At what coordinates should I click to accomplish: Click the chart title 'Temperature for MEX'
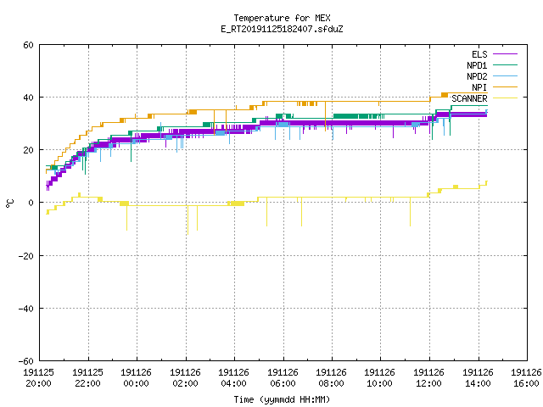tap(282, 18)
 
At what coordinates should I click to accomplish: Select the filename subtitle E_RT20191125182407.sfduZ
tap(282, 29)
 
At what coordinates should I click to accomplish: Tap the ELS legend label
tap(479, 54)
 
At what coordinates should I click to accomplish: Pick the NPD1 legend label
tap(477, 65)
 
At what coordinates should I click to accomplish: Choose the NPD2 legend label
tap(477, 76)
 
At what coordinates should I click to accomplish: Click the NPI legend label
tap(479, 87)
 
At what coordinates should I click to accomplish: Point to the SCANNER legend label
tap(469, 98)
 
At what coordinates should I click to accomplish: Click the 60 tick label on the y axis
tap(28, 45)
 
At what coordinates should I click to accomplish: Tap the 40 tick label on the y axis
tap(28, 98)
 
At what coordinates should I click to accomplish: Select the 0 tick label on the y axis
tap(31, 203)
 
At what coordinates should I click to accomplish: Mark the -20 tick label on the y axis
tap(26, 256)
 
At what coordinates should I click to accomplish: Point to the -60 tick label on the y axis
tap(26, 361)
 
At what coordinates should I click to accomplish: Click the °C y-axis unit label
tap(10, 203)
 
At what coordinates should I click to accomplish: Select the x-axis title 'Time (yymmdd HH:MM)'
tap(282, 399)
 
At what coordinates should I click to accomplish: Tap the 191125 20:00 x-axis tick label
tap(39, 378)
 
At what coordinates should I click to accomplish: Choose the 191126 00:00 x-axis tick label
tap(137, 378)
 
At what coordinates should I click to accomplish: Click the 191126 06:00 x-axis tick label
tap(283, 378)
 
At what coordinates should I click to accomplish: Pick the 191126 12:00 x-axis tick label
tap(429, 378)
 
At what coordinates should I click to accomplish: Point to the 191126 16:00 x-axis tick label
tap(526, 378)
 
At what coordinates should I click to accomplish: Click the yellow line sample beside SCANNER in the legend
tap(505, 98)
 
